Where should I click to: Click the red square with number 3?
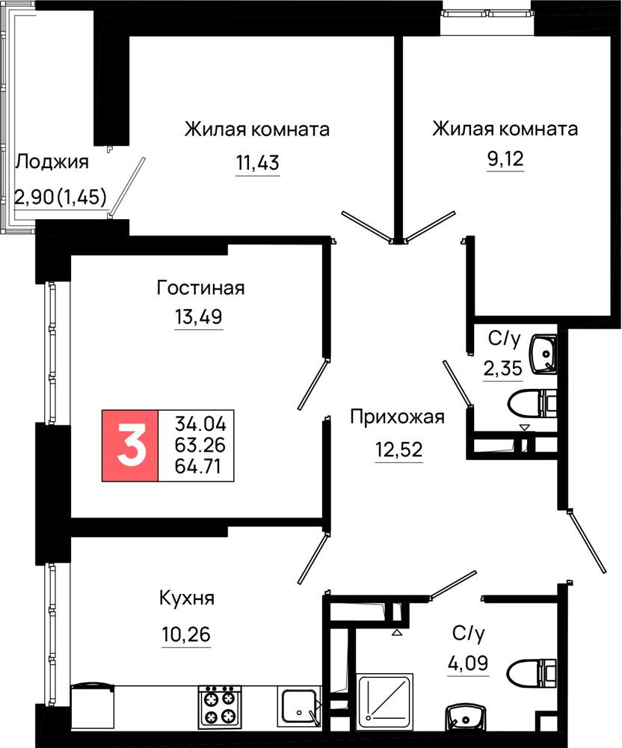pyautogui.click(x=130, y=445)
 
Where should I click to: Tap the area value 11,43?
pyautogui.click(x=258, y=163)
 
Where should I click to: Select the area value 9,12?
pyautogui.click(x=505, y=159)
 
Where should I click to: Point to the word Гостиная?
pyautogui.click(x=200, y=288)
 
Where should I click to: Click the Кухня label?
pyautogui.click(x=187, y=598)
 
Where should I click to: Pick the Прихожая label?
pyautogui.click(x=397, y=417)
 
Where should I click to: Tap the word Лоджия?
pyautogui.click(x=52, y=162)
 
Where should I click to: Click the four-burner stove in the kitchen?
pyautogui.click(x=220, y=706)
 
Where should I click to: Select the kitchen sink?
pyautogui.click(x=300, y=707)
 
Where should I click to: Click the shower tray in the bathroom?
pyautogui.click(x=385, y=697)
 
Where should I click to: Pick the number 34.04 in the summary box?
pyautogui.click(x=200, y=423)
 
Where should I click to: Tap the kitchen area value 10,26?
pyautogui.click(x=186, y=635)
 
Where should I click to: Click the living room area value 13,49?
pyautogui.click(x=199, y=316)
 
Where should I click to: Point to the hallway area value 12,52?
pyautogui.click(x=399, y=450)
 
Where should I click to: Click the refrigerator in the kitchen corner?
pyautogui.click(x=93, y=706)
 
